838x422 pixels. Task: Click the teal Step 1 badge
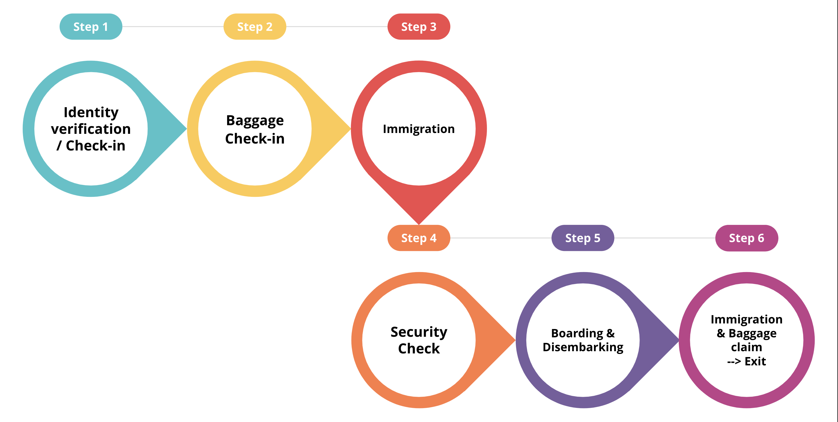pos(91,27)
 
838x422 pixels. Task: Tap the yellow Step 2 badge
pos(255,27)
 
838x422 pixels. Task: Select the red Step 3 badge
pos(419,27)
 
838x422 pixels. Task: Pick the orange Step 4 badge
pos(419,238)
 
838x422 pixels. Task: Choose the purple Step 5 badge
pos(583,238)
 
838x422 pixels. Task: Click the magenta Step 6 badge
pos(746,238)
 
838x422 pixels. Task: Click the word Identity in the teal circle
pos(91,113)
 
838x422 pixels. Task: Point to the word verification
pos(91,129)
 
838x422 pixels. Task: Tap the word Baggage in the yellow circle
pos(255,121)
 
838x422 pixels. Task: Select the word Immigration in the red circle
pos(419,129)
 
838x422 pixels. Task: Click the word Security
pos(419,332)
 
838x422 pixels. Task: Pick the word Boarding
pos(577,333)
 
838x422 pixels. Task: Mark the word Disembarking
pos(583,347)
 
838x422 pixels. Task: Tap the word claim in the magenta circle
pos(746,347)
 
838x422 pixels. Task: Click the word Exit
pos(755,361)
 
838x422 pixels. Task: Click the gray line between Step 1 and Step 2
pos(173,27)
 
